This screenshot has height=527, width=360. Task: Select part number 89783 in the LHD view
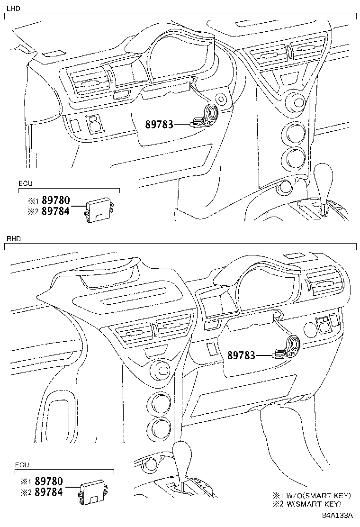point(159,124)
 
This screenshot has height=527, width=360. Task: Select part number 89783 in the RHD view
point(241,355)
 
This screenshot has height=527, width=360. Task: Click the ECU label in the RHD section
point(22,465)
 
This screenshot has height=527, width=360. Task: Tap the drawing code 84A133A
point(338,516)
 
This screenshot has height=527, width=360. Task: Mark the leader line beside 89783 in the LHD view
point(182,124)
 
